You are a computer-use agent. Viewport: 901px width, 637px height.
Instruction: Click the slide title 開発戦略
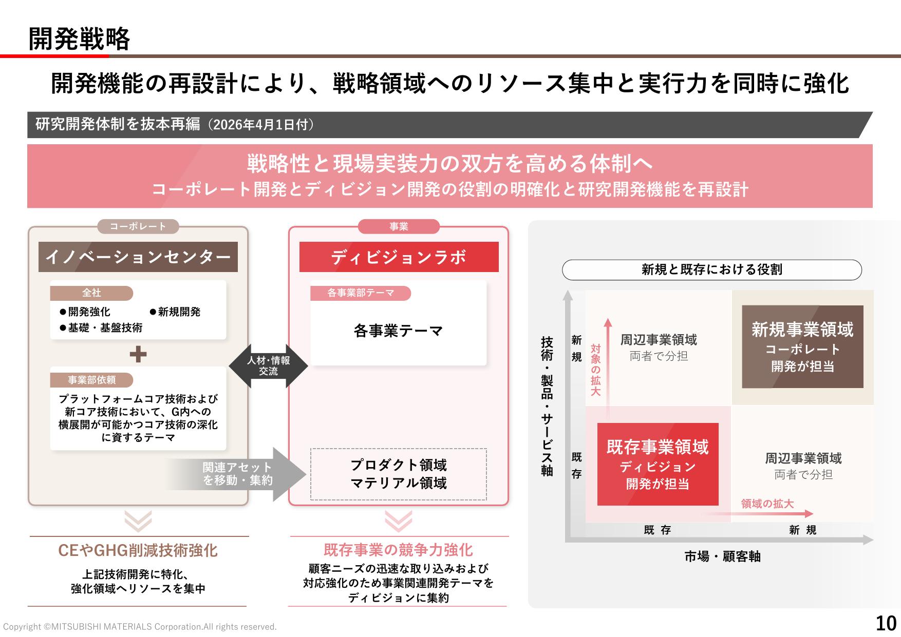79,39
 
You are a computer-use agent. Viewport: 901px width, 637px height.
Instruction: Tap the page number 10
886,623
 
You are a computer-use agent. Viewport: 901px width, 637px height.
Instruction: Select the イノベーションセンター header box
138,257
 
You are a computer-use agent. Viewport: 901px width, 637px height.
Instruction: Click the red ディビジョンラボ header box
399,257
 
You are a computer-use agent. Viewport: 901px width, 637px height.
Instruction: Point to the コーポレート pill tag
138,226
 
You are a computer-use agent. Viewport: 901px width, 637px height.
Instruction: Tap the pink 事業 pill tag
399,226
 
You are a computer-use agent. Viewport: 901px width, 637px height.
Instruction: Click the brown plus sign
138,354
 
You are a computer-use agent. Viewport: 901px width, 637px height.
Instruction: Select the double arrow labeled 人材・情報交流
268,365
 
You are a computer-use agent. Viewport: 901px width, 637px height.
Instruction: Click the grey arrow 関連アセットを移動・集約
236,474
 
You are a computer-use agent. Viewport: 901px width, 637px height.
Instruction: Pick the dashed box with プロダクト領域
399,474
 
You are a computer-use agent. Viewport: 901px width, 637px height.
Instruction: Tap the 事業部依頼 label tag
91,380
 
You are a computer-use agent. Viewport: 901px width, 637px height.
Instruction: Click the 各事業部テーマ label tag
361,293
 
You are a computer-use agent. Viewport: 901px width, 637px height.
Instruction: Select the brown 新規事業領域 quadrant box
802,346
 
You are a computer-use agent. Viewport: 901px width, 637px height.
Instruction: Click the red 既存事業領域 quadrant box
658,464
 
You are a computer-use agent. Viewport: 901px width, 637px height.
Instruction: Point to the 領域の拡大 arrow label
767,504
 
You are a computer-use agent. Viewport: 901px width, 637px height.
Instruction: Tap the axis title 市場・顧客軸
722,556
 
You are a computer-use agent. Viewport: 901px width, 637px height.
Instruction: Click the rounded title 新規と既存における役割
712,269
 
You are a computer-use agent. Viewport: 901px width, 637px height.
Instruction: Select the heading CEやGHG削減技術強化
138,550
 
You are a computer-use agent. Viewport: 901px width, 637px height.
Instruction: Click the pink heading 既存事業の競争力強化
398,550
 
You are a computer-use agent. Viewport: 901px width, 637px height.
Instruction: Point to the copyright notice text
140,627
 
